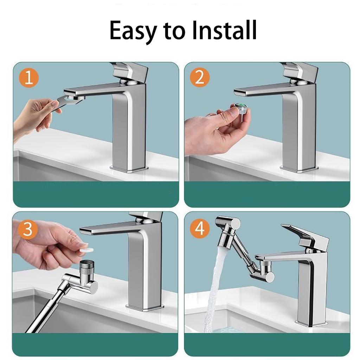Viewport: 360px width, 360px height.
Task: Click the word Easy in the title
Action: [132, 31]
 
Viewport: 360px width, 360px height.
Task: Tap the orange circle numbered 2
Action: [200, 78]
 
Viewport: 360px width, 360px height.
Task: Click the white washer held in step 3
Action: [87, 249]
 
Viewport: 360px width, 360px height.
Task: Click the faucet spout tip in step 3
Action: [84, 231]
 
